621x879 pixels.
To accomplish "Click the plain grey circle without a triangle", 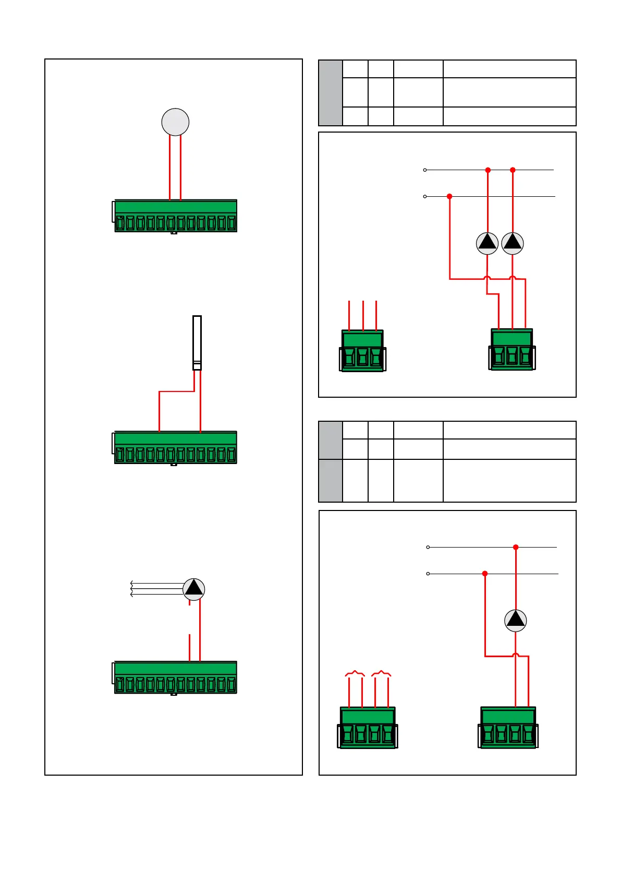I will tap(175, 122).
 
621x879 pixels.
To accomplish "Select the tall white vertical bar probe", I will tap(197, 342).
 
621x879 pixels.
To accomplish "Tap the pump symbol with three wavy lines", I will tap(194, 589).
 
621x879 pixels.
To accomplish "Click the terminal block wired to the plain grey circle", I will tap(176, 216).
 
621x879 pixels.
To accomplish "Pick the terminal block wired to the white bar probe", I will tap(176, 448).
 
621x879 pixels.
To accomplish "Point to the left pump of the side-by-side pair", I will tap(488, 243).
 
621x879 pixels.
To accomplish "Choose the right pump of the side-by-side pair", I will tap(513, 243).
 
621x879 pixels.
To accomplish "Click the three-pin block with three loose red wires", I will tap(363, 351).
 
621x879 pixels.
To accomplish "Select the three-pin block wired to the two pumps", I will tap(512, 350).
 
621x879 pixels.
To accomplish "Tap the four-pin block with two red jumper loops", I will tap(368, 728).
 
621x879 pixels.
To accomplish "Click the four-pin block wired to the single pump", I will tap(508, 728).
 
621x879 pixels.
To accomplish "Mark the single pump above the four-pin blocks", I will tap(516, 621).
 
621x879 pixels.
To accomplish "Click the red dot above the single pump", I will tap(516, 547).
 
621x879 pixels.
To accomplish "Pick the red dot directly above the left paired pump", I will tap(488, 170).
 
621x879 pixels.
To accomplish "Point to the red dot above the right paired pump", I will tap(513, 170).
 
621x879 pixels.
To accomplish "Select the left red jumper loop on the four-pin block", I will tap(355, 673).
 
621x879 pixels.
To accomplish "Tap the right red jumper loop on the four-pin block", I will tap(381, 673).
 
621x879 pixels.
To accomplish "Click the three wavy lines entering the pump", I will tap(156, 589).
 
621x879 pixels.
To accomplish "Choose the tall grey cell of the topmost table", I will tap(331, 93).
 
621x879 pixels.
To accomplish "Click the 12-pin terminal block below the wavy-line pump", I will tap(176, 678).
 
